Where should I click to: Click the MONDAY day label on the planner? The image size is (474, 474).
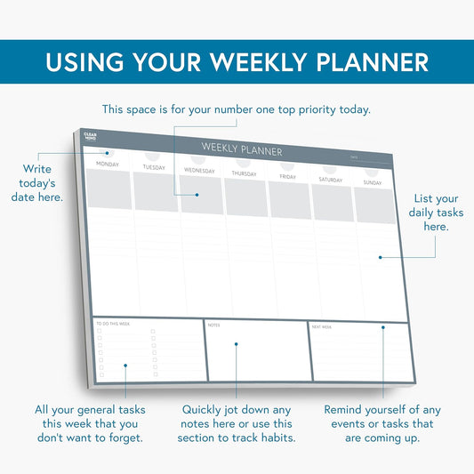pyautogui.click(x=108, y=165)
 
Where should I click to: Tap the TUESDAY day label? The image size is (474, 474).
pyautogui.click(x=154, y=167)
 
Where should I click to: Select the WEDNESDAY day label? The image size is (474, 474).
pyautogui.click(x=199, y=170)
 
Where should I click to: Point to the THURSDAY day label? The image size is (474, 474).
pyautogui.click(x=244, y=173)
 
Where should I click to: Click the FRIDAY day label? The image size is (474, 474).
pyautogui.click(x=288, y=177)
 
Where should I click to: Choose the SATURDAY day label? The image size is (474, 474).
pyautogui.click(x=331, y=180)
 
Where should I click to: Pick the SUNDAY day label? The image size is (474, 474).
pyautogui.click(x=373, y=182)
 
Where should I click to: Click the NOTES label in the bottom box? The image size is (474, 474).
pyautogui.click(x=213, y=325)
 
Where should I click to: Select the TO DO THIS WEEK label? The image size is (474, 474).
pyautogui.click(x=112, y=324)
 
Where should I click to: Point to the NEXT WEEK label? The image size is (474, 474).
pyautogui.click(x=321, y=326)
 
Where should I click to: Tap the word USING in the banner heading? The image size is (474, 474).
pyautogui.click(x=85, y=62)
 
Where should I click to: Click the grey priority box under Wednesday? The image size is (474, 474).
pyautogui.click(x=201, y=194)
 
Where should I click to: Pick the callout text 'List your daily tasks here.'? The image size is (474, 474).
pyautogui.click(x=435, y=213)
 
